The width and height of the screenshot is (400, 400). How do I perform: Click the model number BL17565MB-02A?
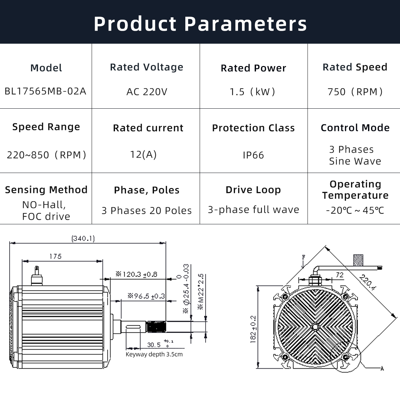coord(45,91)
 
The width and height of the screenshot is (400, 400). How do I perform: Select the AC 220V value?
coord(147,92)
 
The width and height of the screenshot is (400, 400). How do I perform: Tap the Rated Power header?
coord(253,68)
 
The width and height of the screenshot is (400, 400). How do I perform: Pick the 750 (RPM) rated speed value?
coord(355,92)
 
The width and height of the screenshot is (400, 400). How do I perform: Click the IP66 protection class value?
coord(253,155)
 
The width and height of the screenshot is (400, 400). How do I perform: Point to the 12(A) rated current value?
coord(143,154)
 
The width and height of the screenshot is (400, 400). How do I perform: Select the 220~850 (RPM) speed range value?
coord(46,155)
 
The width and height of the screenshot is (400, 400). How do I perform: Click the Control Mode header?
coord(355,128)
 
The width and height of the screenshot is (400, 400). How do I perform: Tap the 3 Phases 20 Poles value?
coord(147,211)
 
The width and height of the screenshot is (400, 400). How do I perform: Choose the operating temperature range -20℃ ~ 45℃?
coord(355,211)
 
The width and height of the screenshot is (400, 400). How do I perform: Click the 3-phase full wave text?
coord(253,210)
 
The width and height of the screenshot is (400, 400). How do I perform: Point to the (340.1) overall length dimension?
coord(83,238)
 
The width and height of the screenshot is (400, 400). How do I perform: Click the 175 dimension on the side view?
coord(55,256)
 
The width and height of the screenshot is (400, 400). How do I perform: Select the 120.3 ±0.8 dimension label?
coord(136,274)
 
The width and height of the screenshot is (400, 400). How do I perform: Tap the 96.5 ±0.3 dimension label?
coord(146,296)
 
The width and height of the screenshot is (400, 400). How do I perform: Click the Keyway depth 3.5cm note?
coord(154,354)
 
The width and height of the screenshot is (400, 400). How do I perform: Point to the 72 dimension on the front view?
coord(339,275)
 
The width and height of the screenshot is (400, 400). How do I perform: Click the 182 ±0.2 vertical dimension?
coord(253,329)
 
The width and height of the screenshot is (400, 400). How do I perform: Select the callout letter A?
coord(382,368)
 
